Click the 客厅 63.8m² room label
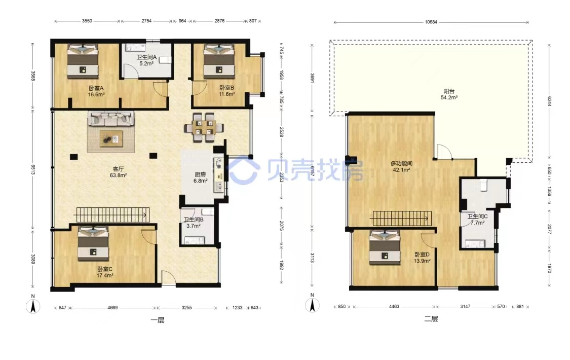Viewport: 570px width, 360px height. tap(118, 172)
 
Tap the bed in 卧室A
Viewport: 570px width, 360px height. tap(83, 61)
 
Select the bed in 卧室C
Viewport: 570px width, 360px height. tap(93, 244)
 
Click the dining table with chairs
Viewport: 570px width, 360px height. tap(204, 128)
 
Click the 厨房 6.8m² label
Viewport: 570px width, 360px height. tap(200, 177)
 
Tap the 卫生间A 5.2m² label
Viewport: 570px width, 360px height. tap(146, 60)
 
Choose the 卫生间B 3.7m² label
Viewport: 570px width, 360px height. tap(194, 223)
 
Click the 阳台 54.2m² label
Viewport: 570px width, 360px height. tap(449, 94)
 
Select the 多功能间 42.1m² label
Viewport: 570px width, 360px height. tap(401, 166)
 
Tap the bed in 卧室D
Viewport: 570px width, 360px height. tap(385, 247)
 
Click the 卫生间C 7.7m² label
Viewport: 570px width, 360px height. tap(477, 219)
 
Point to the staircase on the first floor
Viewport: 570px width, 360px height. tap(112, 215)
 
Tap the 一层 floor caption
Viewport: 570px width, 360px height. tap(158, 320)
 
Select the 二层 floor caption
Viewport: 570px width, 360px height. tap(431, 319)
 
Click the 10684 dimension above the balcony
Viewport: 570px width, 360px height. tap(431, 22)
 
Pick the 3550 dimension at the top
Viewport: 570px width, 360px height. tap(87, 21)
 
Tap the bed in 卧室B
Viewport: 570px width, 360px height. tap(219, 61)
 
